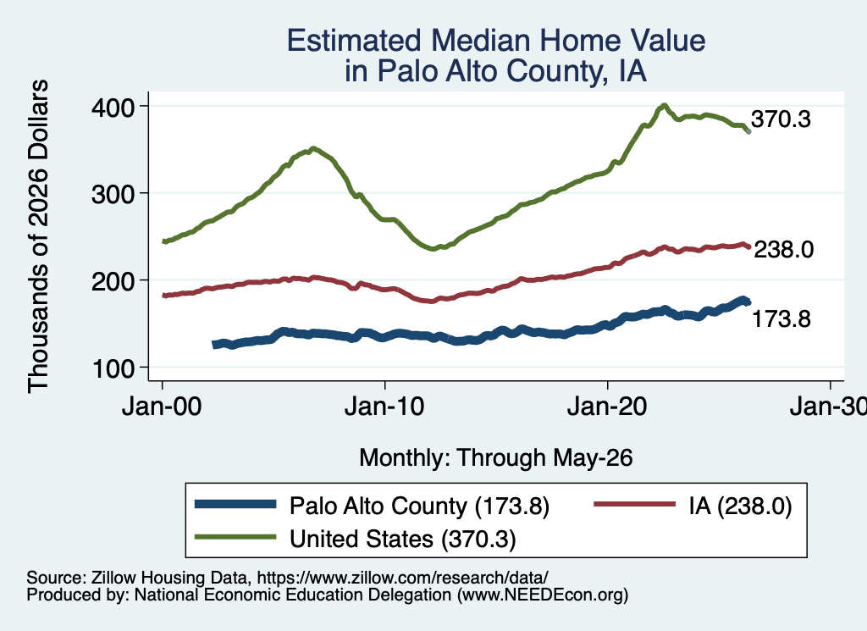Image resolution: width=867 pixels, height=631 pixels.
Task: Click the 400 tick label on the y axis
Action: point(113,108)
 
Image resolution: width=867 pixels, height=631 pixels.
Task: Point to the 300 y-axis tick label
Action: point(113,194)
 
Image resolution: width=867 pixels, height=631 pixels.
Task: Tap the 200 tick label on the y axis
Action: point(113,281)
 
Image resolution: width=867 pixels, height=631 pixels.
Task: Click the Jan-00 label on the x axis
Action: point(162,407)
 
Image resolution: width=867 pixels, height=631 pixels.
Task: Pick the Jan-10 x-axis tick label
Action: point(384,407)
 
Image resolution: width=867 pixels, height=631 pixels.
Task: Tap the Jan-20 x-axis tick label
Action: point(607,407)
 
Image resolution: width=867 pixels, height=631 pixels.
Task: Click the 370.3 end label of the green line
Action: point(781,119)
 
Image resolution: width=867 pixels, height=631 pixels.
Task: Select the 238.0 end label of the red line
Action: point(783,249)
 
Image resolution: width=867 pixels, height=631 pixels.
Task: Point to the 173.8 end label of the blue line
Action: point(781,319)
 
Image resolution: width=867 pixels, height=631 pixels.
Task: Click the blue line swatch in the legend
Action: point(235,504)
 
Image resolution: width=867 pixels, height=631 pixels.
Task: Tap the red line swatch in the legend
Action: point(635,504)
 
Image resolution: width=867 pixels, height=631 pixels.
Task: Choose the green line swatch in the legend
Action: point(235,537)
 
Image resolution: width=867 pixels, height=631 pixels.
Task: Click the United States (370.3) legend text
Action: point(402,540)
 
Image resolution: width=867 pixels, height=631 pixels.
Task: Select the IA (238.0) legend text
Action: point(740,506)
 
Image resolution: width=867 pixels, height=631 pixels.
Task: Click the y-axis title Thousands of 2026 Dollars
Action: point(38,236)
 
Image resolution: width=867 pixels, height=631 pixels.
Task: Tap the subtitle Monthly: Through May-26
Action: point(496,458)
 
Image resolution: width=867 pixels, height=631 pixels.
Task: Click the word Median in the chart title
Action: point(479,41)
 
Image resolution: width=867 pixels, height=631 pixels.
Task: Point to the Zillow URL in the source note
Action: point(402,578)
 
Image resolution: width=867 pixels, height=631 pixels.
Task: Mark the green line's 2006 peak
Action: point(313,148)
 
